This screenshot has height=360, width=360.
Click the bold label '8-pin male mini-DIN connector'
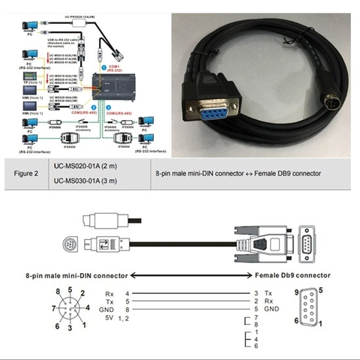[x=76, y=274]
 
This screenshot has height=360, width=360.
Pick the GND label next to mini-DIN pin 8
[x=109, y=309]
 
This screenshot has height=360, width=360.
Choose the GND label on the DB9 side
[x=271, y=309]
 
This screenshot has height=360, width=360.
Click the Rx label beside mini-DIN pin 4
[x=109, y=292]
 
